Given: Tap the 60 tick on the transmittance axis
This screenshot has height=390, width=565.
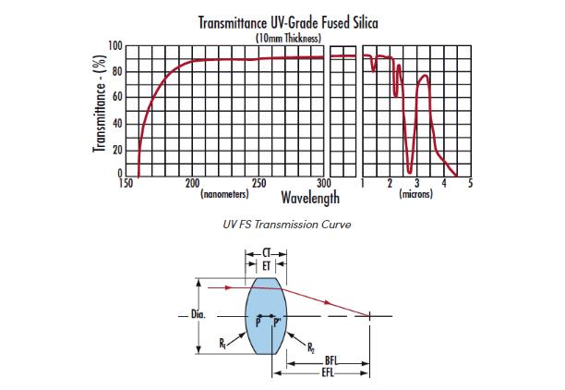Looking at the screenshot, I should click(117, 97).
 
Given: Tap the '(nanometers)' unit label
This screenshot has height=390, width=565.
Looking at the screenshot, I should click(223, 195).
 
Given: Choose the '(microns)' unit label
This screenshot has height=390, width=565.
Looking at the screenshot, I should click(415, 195).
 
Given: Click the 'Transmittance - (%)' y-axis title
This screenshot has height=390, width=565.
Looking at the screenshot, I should click(97, 110).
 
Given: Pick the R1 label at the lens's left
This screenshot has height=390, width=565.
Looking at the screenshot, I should click(224, 343).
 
